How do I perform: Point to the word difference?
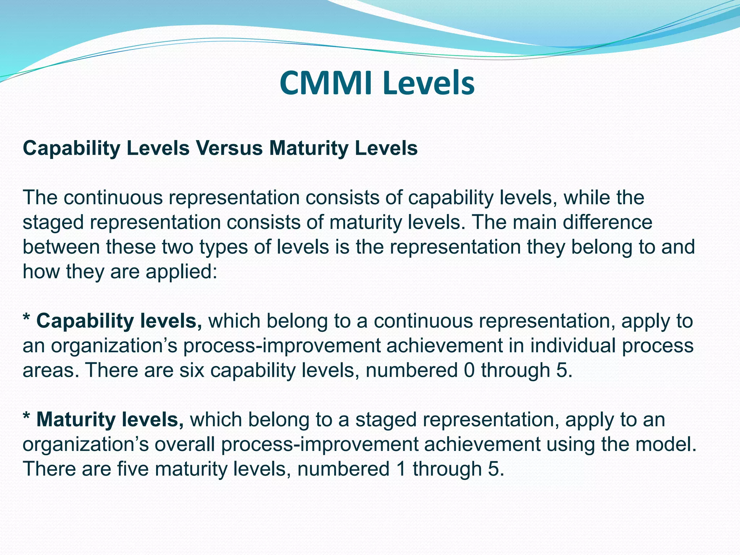point(607,222)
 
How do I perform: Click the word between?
point(61,247)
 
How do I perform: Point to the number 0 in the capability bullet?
point(469,370)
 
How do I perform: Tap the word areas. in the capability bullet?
point(51,370)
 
